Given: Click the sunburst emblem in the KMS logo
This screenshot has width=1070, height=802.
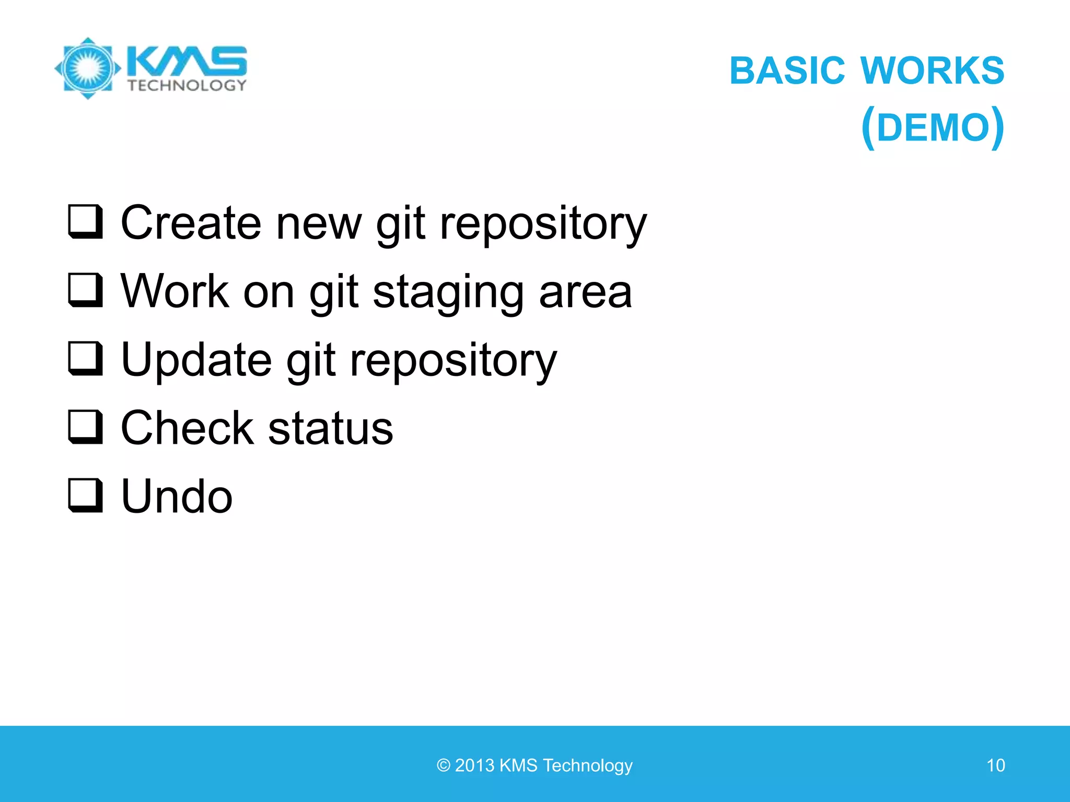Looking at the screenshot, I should pyautogui.click(x=88, y=68).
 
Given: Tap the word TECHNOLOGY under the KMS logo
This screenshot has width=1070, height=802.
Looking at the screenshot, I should pyautogui.click(x=187, y=85).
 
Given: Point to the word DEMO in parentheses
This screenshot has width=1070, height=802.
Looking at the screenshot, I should pyautogui.click(x=933, y=128).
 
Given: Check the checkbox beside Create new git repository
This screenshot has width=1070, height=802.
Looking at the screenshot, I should pyautogui.click(x=85, y=222).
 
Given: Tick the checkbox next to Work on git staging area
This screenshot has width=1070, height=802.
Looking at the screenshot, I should pyautogui.click(x=85, y=290).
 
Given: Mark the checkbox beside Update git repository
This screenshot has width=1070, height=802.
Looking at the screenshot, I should pyautogui.click(x=85, y=359).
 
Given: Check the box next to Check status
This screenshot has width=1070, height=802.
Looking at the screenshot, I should pyautogui.click(x=85, y=427).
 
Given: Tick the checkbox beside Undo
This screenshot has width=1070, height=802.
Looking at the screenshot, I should pyautogui.click(x=85, y=496).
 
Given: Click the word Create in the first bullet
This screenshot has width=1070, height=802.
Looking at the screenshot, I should pyautogui.click(x=191, y=223).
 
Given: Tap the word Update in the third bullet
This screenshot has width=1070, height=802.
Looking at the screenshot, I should pyautogui.click(x=196, y=360).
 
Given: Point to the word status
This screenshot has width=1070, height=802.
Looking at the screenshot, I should pyautogui.click(x=330, y=428).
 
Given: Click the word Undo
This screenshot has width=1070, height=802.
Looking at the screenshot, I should pyautogui.click(x=177, y=497).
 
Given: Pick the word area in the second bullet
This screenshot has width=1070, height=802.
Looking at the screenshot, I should pyautogui.click(x=585, y=292).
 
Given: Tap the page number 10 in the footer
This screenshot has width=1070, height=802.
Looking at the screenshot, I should pyautogui.click(x=995, y=765).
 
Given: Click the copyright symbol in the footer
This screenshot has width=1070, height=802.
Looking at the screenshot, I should pyautogui.click(x=444, y=765).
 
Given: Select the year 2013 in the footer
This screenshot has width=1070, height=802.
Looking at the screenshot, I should pyautogui.click(x=474, y=765).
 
